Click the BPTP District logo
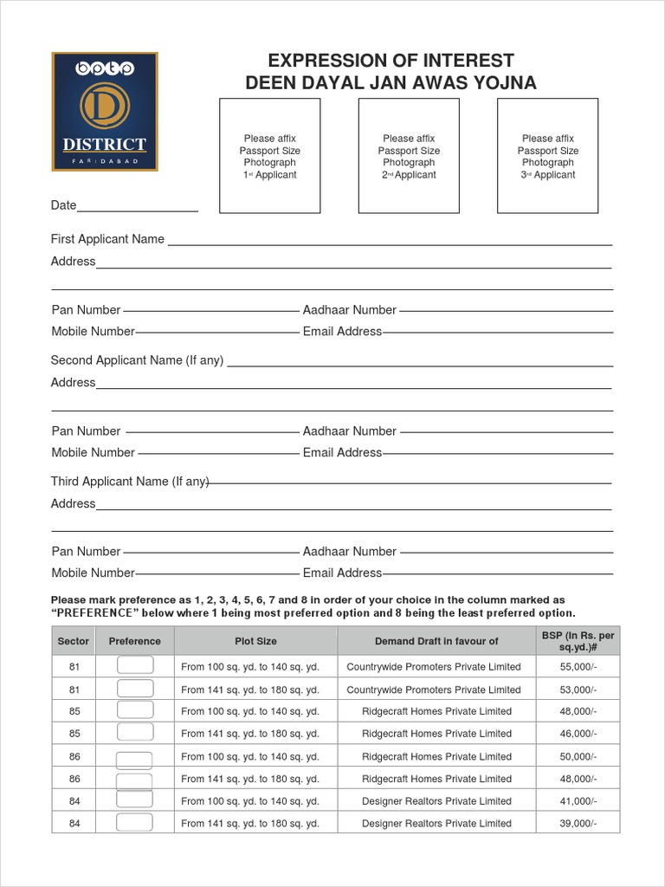click(105, 112)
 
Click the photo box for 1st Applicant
click(269, 156)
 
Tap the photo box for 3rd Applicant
click(547, 156)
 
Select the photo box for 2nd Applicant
click(409, 156)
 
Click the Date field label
click(64, 205)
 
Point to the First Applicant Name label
click(107, 239)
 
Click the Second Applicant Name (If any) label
click(137, 360)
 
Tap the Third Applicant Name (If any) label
click(130, 482)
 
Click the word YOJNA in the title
click(504, 83)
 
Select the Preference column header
click(134, 641)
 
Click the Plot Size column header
click(255, 641)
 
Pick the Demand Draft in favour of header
click(436, 641)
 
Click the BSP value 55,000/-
click(578, 667)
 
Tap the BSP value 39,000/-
click(578, 824)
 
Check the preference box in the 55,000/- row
click(134, 665)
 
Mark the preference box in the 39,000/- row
click(134, 822)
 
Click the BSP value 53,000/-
click(578, 690)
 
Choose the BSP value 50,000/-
click(578, 757)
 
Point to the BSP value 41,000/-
click(578, 801)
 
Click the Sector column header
click(74, 641)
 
